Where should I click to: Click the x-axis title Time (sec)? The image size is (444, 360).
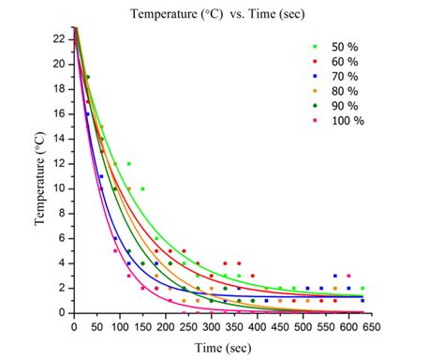click(223, 348)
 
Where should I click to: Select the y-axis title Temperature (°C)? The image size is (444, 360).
click(42, 178)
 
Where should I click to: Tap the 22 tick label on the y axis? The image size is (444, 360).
click(58, 39)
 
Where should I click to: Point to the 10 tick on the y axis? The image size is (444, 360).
click(58, 188)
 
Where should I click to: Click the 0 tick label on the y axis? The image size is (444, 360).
click(61, 312)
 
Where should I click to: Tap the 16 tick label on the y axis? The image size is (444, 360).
click(58, 113)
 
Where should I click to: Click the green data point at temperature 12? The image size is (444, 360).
click(129, 164)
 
